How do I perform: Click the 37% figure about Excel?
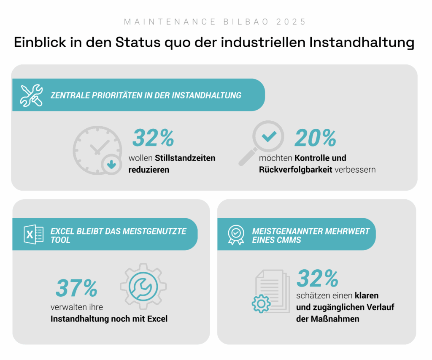click(x=76, y=289)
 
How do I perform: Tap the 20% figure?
click(x=315, y=138)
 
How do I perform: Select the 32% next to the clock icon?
click(x=153, y=138)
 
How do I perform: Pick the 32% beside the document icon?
click(x=317, y=278)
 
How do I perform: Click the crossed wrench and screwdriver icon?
click(x=31, y=95)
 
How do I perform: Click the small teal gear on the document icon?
click(x=261, y=303)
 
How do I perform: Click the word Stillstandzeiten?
click(x=185, y=158)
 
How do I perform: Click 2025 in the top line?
click(x=291, y=22)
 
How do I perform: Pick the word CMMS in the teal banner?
click(x=290, y=240)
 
